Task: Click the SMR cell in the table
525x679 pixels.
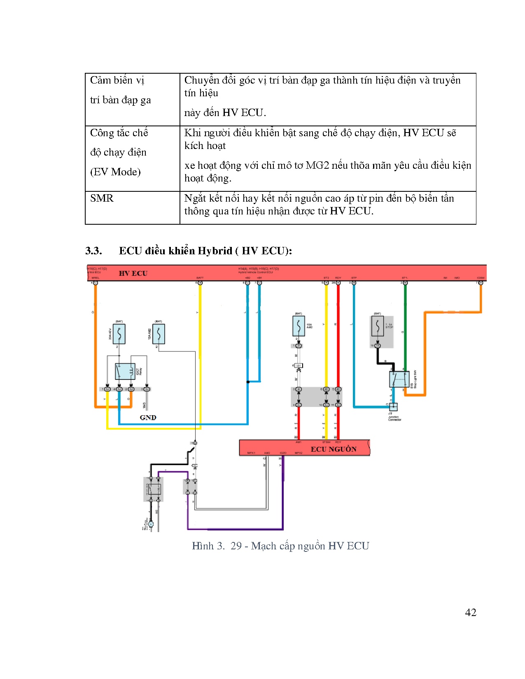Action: (102, 198)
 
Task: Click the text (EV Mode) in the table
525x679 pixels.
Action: (115, 172)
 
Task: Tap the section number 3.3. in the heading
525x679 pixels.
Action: (93, 251)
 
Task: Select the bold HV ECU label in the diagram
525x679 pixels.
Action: (133, 273)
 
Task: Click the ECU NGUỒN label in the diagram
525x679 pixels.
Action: (333, 449)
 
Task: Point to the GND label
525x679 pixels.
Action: (148, 417)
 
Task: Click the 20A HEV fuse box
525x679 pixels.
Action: (119, 334)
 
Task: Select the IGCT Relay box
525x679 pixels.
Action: (125, 372)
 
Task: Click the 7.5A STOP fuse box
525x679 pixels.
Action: (377, 326)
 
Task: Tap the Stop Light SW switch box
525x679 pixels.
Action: (399, 379)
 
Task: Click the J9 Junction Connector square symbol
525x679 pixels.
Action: (393, 407)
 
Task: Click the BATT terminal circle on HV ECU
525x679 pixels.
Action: (200, 283)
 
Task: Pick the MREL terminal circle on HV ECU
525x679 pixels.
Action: (96, 283)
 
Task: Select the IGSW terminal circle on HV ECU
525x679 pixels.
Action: (481, 283)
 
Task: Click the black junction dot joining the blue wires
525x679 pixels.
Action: (248, 382)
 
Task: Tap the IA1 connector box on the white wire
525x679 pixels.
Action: (299, 365)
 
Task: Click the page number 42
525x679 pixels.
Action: (470, 612)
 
